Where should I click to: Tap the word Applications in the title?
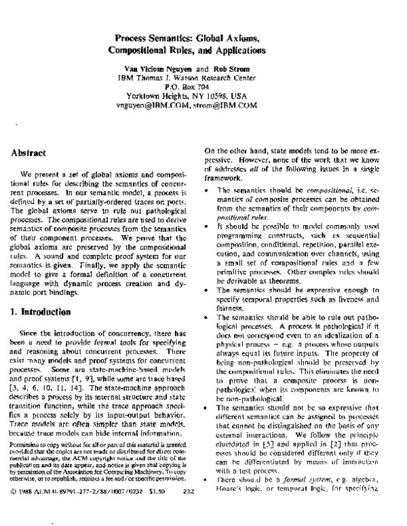233,51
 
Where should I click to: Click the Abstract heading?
28,155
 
